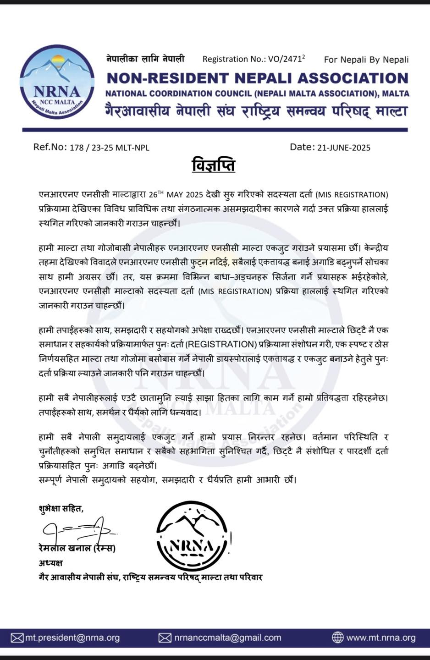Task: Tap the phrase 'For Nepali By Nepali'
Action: pyautogui.click(x=366, y=59)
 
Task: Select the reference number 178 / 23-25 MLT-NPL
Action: pyautogui.click(x=109, y=148)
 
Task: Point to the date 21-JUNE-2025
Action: pyautogui.click(x=343, y=148)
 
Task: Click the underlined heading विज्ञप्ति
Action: pyautogui.click(x=213, y=165)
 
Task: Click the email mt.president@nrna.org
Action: pyautogui.click(x=72, y=638)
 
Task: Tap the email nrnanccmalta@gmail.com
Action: pyautogui.click(x=227, y=638)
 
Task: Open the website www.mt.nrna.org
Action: pyautogui.click(x=380, y=638)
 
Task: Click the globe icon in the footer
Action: pyautogui.click(x=337, y=638)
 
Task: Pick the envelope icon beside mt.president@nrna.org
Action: pyautogui.click(x=17, y=638)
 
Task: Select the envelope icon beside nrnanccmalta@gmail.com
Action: pyautogui.click(x=165, y=638)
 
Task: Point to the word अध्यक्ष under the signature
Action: pyautogui.click(x=50, y=562)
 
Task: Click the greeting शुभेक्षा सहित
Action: pyautogui.click(x=61, y=508)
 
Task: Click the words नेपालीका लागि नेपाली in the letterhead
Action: pyautogui.click(x=145, y=59)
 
